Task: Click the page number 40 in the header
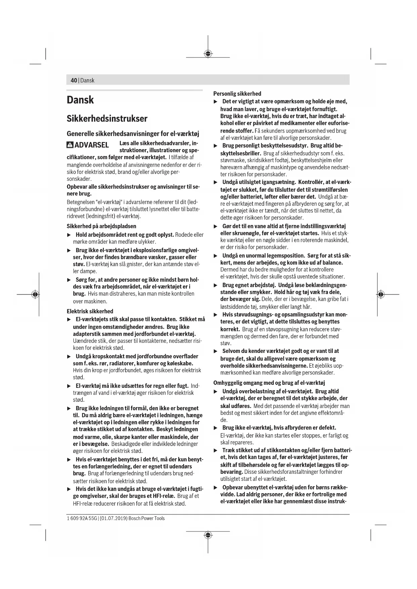(x=74, y=81)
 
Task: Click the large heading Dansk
(x=80, y=100)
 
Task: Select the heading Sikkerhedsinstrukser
(x=107, y=119)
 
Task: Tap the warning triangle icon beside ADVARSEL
(x=70, y=145)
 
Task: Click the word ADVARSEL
(x=91, y=145)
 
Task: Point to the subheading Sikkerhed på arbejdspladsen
(x=101, y=226)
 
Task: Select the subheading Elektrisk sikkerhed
(x=90, y=311)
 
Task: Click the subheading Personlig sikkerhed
(x=237, y=94)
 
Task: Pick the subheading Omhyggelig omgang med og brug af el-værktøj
(x=269, y=383)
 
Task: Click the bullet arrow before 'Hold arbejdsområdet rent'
(x=69, y=235)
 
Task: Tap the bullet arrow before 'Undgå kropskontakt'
(x=69, y=356)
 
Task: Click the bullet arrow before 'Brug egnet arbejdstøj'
(x=216, y=285)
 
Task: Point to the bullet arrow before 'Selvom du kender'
(x=216, y=351)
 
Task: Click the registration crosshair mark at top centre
(x=208, y=53)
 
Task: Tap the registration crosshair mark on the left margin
(x=35, y=294)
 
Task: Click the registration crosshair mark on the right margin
(x=380, y=294)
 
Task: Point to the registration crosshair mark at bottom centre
(x=208, y=535)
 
